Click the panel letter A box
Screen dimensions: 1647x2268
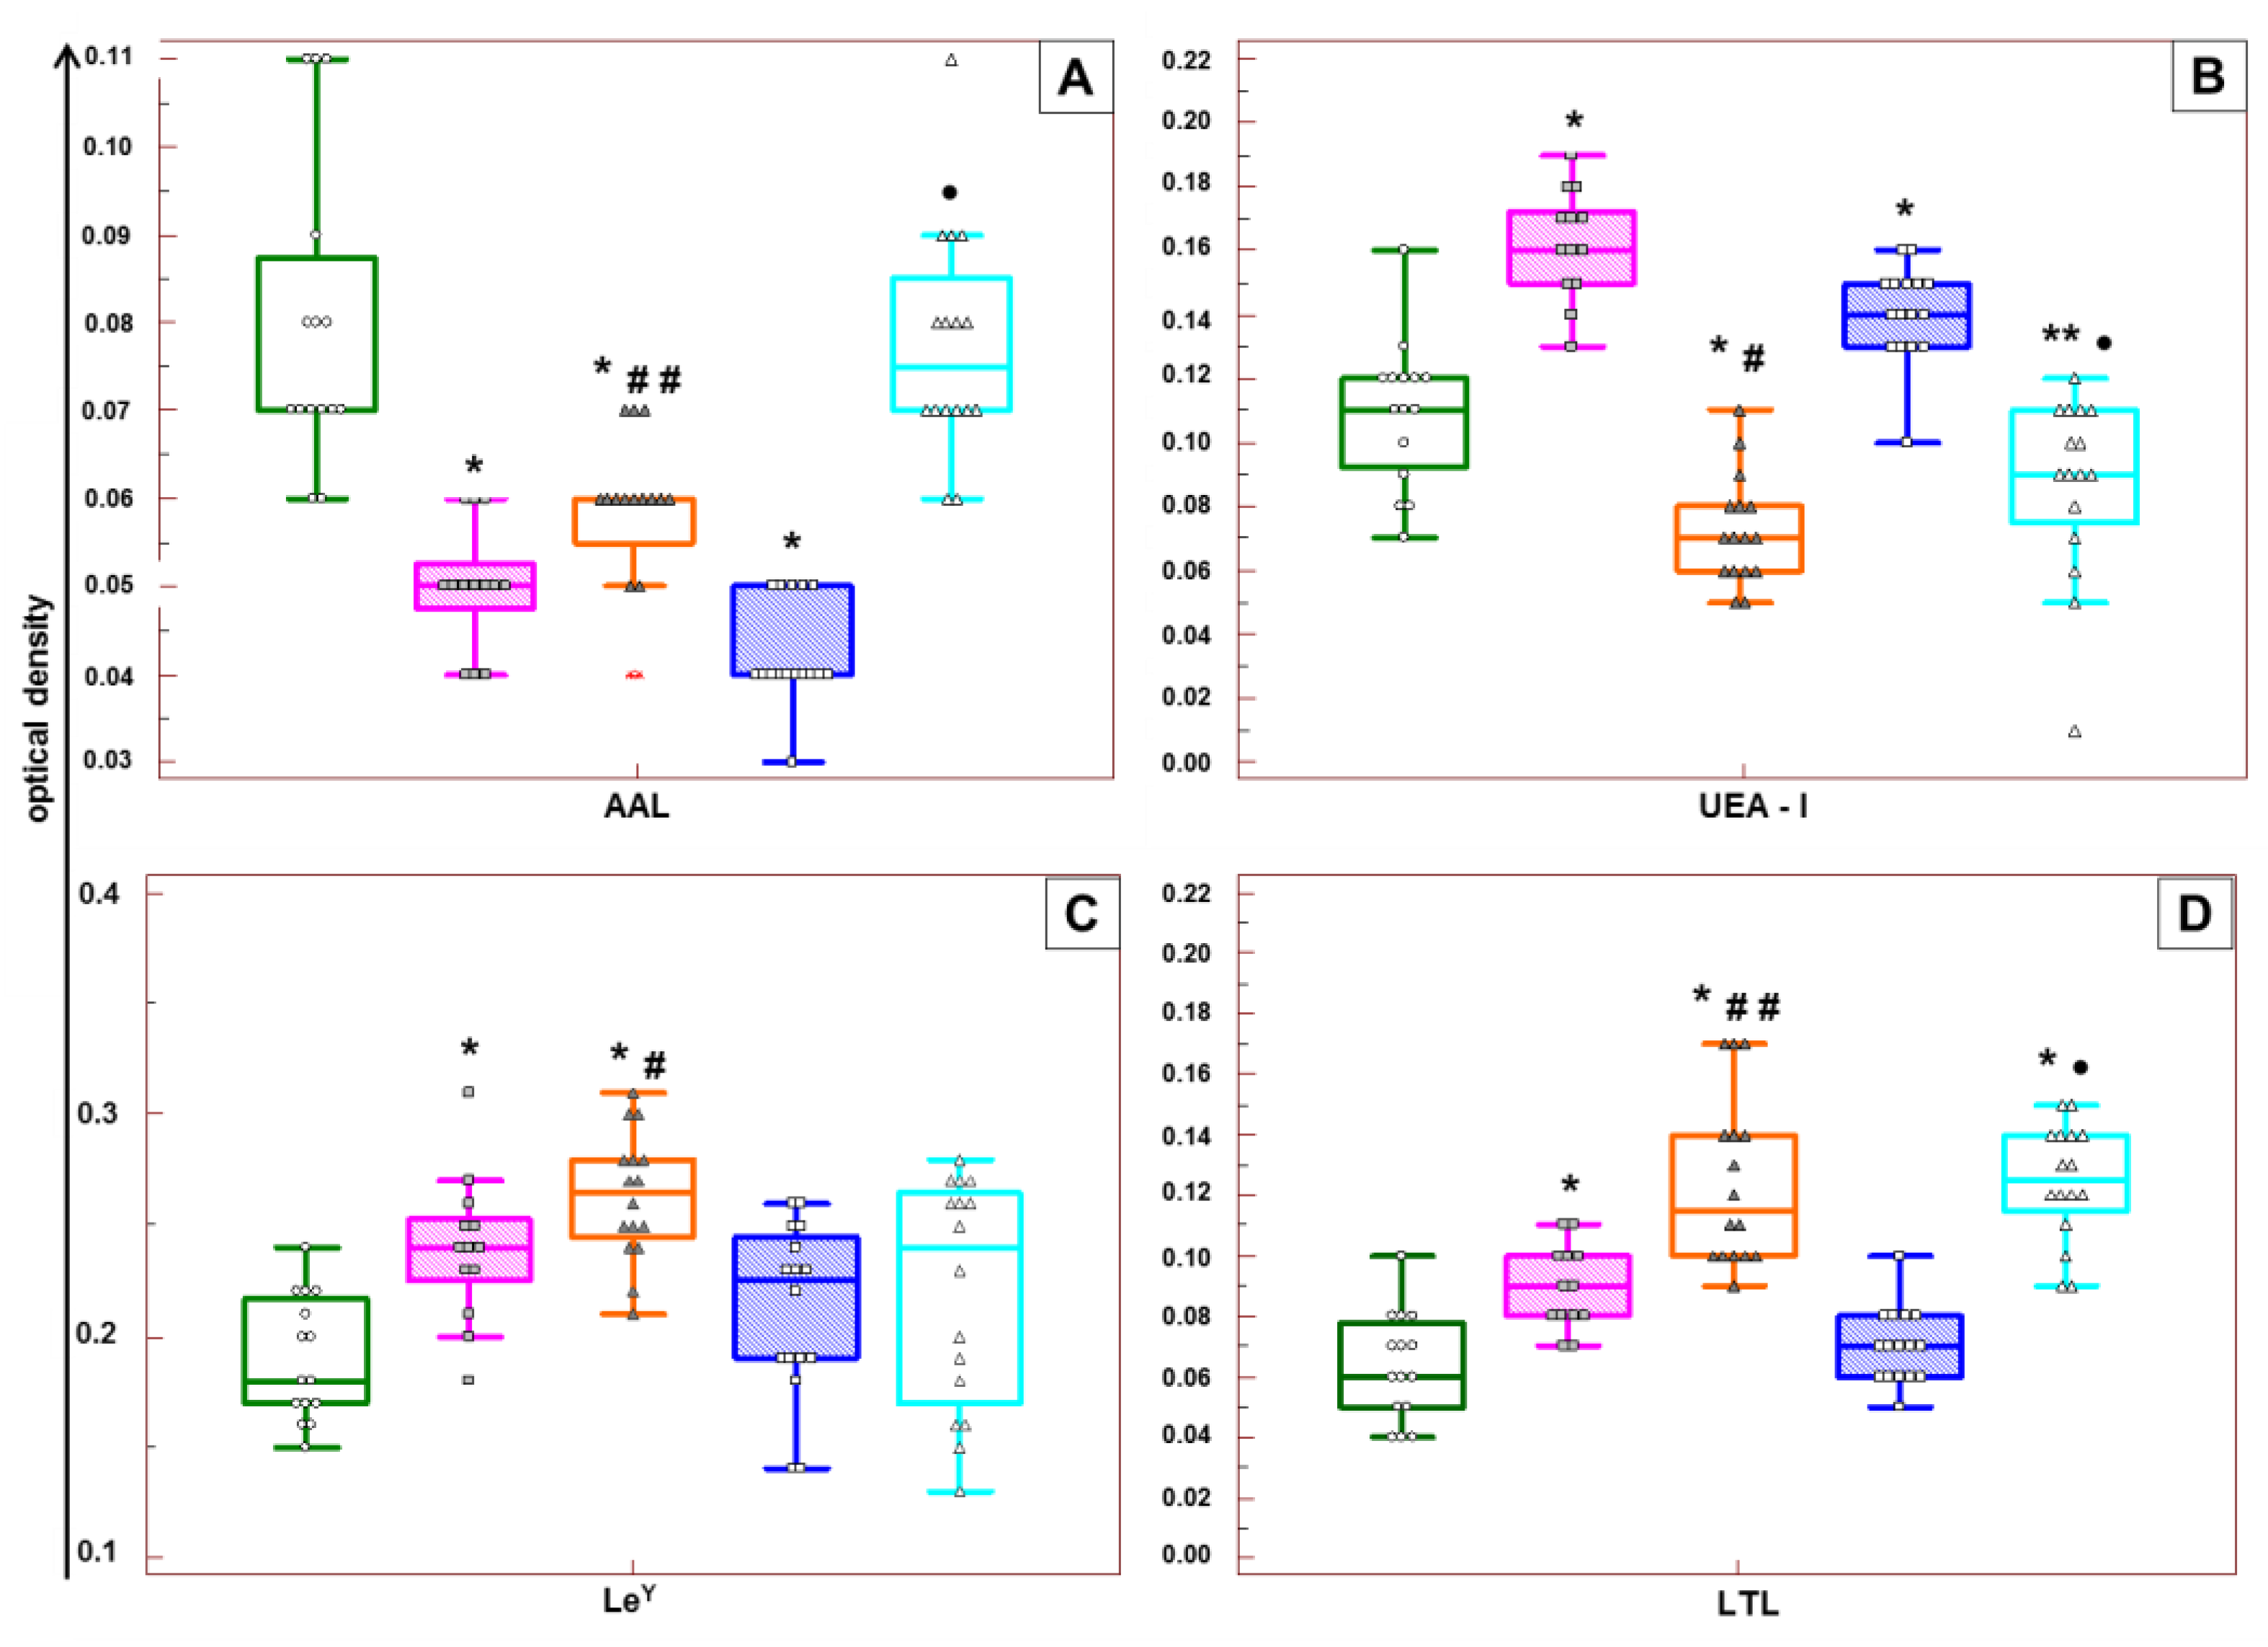[x=1076, y=77]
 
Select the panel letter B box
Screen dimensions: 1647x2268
[x=2208, y=77]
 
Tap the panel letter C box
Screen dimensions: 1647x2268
[x=1082, y=913]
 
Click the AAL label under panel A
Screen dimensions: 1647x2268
[x=636, y=806]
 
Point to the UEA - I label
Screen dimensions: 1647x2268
[x=1753, y=806]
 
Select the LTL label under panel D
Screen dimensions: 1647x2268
[x=1748, y=1603]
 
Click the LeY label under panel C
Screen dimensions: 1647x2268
[x=629, y=1600]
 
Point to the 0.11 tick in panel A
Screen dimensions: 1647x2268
[x=109, y=57]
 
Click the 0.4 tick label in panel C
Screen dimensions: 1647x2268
[x=99, y=892]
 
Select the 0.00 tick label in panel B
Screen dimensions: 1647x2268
[x=1186, y=762]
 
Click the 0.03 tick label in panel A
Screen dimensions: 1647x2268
[x=108, y=760]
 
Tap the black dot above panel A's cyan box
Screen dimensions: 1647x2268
[x=950, y=192]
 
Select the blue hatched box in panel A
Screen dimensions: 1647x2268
[x=792, y=630]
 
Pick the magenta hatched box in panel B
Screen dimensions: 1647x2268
[x=1571, y=248]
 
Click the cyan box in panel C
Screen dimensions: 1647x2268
[x=959, y=1297]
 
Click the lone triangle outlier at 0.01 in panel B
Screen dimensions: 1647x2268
[x=2075, y=732]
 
